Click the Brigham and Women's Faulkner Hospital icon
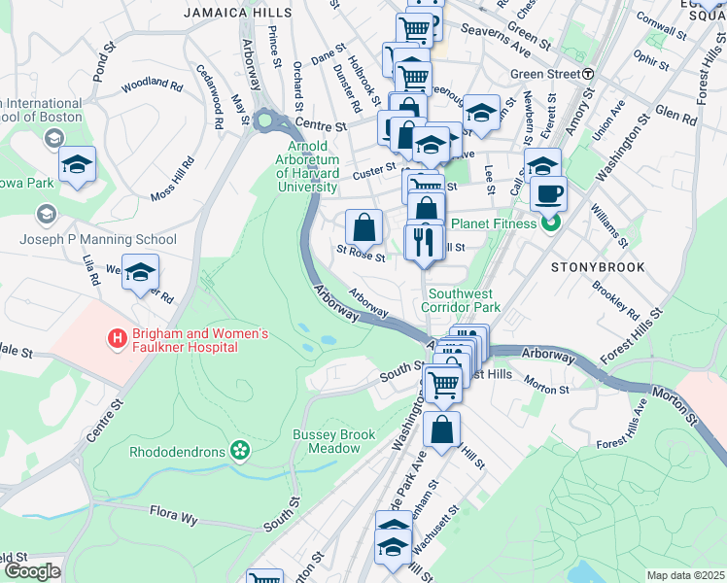coord(117,339)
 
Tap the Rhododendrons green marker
coord(239,451)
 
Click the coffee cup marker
coord(548,192)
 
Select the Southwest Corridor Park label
coord(465,299)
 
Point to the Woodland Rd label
coord(153,86)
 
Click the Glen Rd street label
coord(675,117)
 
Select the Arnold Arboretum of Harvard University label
coord(306,166)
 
